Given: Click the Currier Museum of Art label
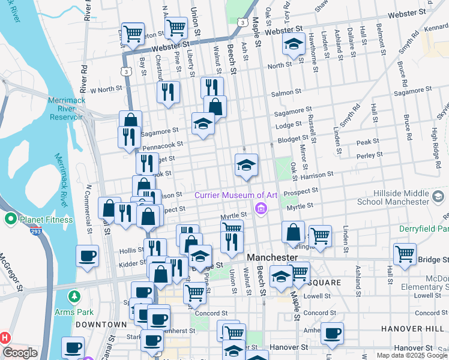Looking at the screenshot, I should pos(235,195).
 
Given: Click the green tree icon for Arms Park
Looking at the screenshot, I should pos(74,296).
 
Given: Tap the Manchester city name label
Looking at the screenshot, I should pos(272,257).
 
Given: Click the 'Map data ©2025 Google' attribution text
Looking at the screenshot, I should pos(412,355).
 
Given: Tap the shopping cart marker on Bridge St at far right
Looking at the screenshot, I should pos(405,253).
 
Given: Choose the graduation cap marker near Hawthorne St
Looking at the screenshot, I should pos(293,44).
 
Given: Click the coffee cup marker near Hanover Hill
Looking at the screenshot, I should pos(331,332).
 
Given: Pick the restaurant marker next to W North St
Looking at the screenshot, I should pos(168,91).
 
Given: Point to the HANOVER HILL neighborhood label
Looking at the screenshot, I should pos(411,329).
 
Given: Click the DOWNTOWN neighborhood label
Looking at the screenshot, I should pos(100,324).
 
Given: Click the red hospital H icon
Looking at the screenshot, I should pos(5,337).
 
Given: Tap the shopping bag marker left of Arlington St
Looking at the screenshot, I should pos(292,232).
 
